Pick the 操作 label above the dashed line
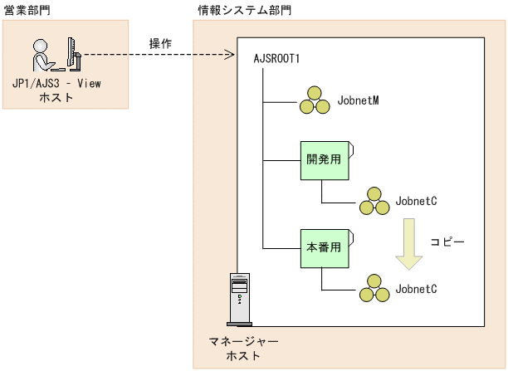click(x=160, y=43)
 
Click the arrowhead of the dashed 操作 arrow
click(x=232, y=56)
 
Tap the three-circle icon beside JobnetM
click(x=315, y=101)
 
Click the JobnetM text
click(x=359, y=102)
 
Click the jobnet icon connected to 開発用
click(x=374, y=203)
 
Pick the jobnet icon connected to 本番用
click(x=374, y=290)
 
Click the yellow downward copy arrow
click(x=408, y=245)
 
